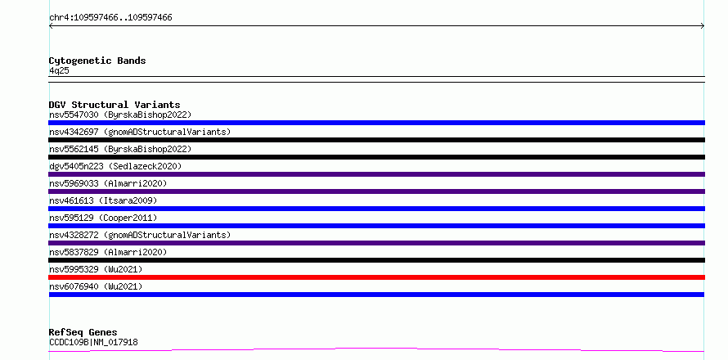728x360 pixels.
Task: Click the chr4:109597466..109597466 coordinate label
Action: tap(110, 18)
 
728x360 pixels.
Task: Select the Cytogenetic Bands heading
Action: tap(97, 61)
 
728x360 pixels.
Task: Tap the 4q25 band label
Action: tap(60, 71)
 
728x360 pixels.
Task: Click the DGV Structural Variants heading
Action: tap(115, 105)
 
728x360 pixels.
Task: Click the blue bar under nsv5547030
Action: tap(376, 123)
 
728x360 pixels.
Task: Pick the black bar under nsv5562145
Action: tap(376, 157)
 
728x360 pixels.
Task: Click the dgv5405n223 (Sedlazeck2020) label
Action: tap(115, 166)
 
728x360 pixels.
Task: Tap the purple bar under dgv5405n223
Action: tap(376, 174)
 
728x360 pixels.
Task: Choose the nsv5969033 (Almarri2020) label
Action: tap(108, 183)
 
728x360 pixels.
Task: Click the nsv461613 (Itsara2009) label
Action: tap(103, 200)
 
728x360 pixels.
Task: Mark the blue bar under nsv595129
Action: tap(376, 226)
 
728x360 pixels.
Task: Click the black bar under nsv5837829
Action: tap(376, 260)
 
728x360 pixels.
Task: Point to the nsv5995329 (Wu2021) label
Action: tap(96, 269)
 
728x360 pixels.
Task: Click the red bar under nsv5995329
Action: tap(376, 277)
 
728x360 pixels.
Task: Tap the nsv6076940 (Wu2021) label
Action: tap(96, 286)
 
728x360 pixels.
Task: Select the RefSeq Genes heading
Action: tap(83, 333)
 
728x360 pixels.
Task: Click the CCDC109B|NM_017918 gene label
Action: tap(93, 343)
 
